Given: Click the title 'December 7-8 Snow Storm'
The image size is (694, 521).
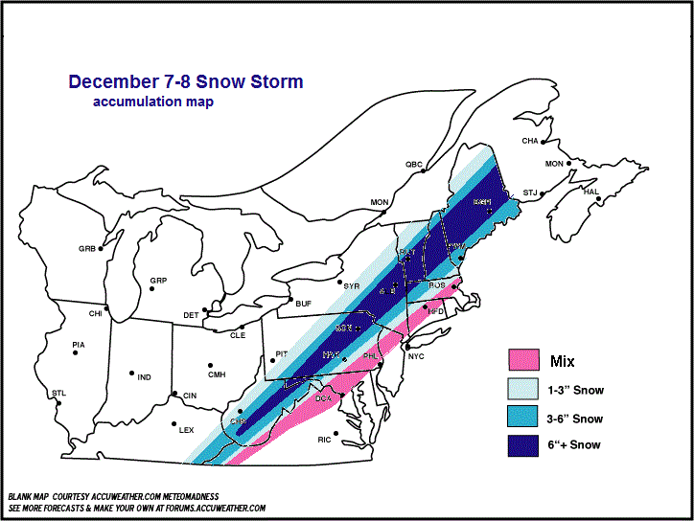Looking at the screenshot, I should coord(186,82).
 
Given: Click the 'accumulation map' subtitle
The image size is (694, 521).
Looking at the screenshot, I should coord(153,102).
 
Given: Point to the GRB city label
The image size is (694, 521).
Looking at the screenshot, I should coord(87,249).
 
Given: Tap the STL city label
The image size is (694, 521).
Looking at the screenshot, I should coord(58,393).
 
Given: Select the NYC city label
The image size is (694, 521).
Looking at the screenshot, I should coord(415,356).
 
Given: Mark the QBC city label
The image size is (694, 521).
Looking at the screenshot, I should coord(413,165).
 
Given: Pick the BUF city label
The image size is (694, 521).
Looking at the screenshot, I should coord(304,304).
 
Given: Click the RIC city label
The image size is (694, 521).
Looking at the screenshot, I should coord(325,440).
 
